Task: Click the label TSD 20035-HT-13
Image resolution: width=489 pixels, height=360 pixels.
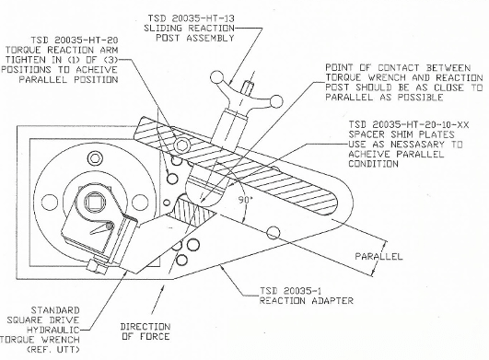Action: point(191,18)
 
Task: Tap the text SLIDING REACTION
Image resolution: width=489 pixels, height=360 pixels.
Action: point(189,28)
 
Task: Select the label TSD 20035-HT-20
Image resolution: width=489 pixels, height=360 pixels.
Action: point(74,41)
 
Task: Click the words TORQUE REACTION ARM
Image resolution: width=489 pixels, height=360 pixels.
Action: point(62,50)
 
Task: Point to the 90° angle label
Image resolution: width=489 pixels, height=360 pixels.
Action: point(245,200)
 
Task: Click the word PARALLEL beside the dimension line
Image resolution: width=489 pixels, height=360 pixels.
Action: point(378,256)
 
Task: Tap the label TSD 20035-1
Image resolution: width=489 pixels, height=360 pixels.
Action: point(291,291)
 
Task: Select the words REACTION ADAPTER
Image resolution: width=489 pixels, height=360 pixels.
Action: point(307,301)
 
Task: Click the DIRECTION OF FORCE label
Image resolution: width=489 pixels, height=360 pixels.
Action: point(146,331)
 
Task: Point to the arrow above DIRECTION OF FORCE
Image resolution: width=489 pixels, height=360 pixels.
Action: point(157,299)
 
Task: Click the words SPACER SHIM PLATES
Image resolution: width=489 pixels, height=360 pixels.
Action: point(402,134)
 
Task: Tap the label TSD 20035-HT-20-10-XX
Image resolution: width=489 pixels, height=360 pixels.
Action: point(409,124)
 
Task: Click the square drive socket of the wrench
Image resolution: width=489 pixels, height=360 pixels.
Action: point(93,201)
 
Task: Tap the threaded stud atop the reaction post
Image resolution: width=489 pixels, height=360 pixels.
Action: point(248,87)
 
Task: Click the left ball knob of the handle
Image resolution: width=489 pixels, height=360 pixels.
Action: point(215,77)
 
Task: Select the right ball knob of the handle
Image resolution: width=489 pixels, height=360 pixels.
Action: point(276,101)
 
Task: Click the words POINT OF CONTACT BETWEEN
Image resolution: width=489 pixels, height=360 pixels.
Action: point(398,68)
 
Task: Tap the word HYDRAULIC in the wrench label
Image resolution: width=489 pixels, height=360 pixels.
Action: point(53,331)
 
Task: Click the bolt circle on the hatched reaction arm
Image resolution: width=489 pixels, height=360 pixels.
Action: point(181,145)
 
